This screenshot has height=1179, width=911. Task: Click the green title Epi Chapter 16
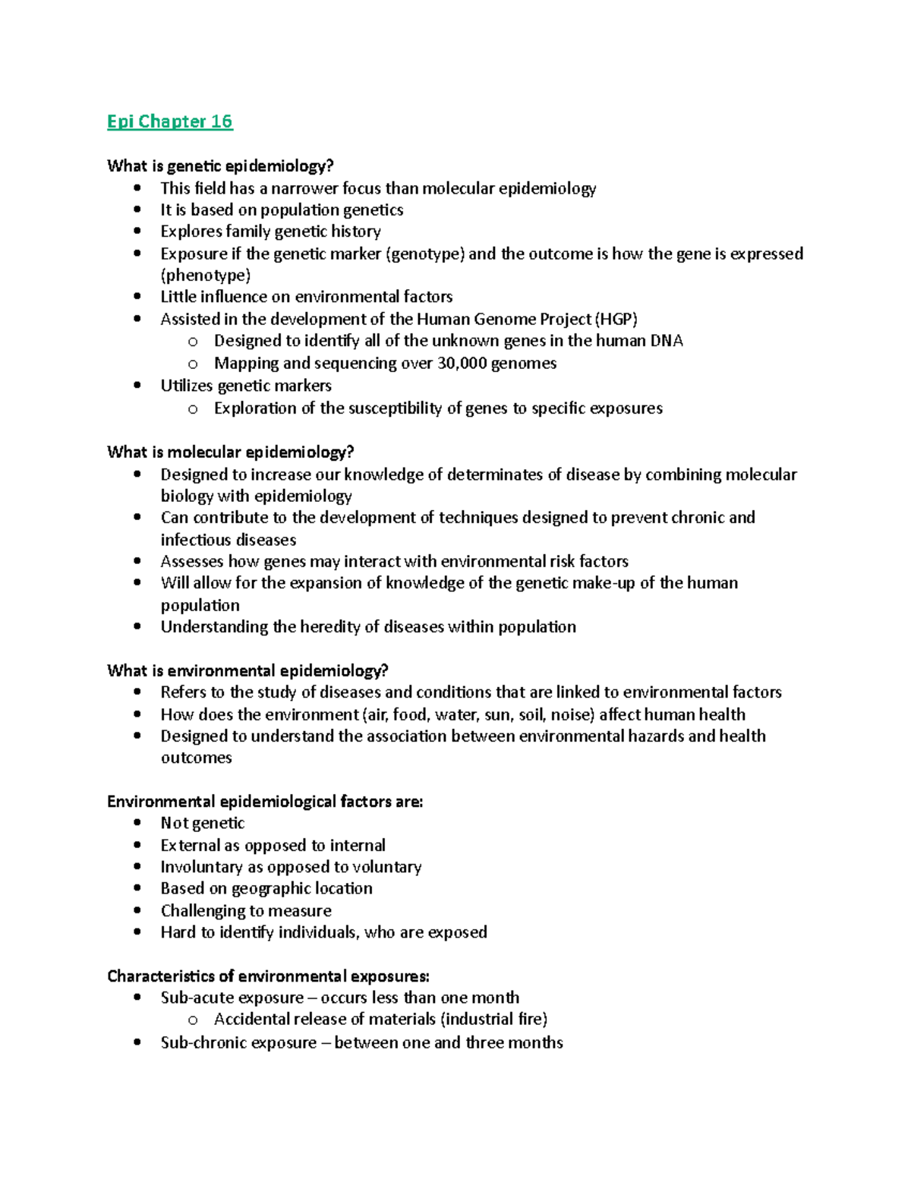click(x=169, y=121)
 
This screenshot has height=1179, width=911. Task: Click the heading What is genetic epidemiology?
click(x=220, y=166)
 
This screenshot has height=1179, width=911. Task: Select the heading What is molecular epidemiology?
click(x=230, y=452)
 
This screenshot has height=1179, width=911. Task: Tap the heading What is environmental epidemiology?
click(x=247, y=670)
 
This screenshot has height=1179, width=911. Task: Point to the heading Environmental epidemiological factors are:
click(x=265, y=802)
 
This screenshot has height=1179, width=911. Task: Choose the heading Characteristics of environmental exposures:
click(x=268, y=976)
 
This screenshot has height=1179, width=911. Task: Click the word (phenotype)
click(x=205, y=275)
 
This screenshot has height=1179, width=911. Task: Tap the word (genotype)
click(x=425, y=254)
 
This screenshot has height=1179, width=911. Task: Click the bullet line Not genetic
click(x=202, y=823)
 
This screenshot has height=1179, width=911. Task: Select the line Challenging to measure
click(x=246, y=910)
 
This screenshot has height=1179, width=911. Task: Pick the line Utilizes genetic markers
click(x=246, y=386)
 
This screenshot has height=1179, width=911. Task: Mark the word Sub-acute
click(x=194, y=998)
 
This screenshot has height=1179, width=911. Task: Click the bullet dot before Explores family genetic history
click(x=137, y=231)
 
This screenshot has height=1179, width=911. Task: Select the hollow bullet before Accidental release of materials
click(x=193, y=1020)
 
